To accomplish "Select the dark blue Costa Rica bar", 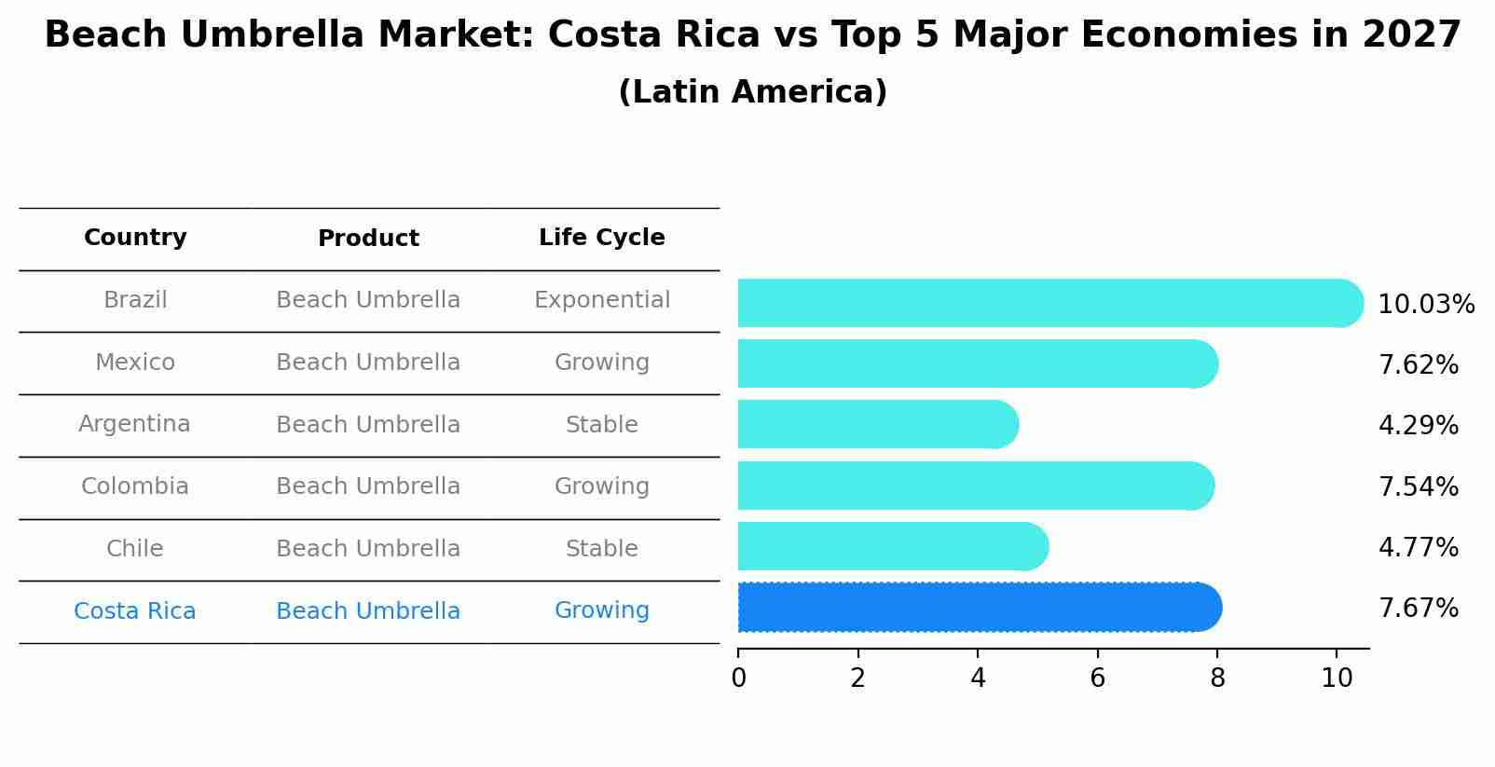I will point(979,607).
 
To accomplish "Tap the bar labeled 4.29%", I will point(876,424).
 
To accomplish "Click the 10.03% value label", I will point(1425,305).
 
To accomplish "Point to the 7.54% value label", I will point(1418,486).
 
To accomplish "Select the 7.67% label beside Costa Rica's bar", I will point(1418,609).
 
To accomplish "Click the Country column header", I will point(135,238).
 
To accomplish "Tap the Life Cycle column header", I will point(601,238).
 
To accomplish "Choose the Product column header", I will point(368,239).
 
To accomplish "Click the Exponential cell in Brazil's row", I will point(601,300).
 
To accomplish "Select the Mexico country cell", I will point(135,363).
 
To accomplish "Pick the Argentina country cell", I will point(135,424).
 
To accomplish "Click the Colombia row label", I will point(135,486).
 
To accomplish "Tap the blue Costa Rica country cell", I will point(135,611).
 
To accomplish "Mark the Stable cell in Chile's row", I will point(601,549).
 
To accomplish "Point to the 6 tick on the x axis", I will point(1097,678).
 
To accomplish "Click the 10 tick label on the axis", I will point(1337,678).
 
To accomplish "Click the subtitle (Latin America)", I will point(752,92).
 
